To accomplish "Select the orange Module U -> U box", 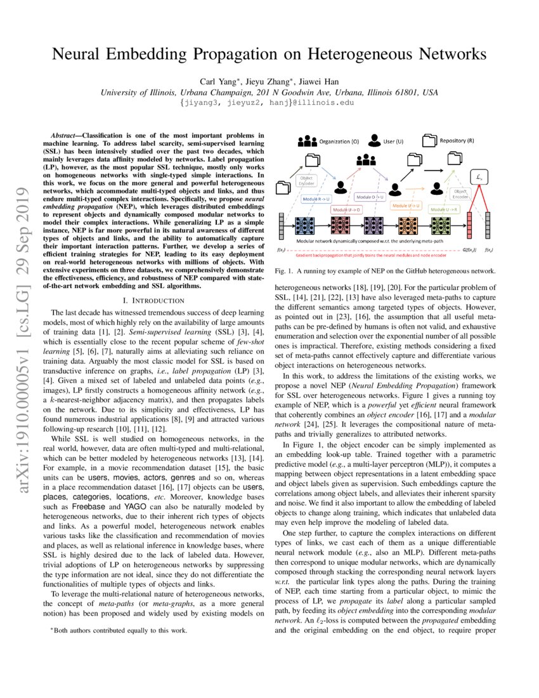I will tap(405, 206).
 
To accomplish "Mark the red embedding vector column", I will tap(470, 229).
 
